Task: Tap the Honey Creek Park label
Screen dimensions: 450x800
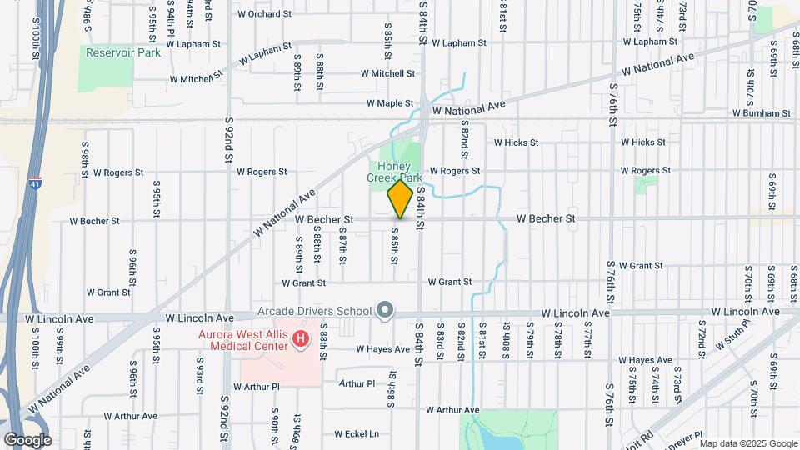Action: tap(396, 172)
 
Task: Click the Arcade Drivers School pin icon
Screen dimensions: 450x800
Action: tap(384, 312)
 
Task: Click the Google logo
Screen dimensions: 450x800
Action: tap(27, 439)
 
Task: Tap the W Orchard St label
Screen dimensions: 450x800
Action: tap(264, 14)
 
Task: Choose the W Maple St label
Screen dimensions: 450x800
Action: tap(390, 104)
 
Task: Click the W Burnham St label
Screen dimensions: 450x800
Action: tap(761, 113)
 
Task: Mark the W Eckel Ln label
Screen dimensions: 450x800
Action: tap(357, 434)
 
